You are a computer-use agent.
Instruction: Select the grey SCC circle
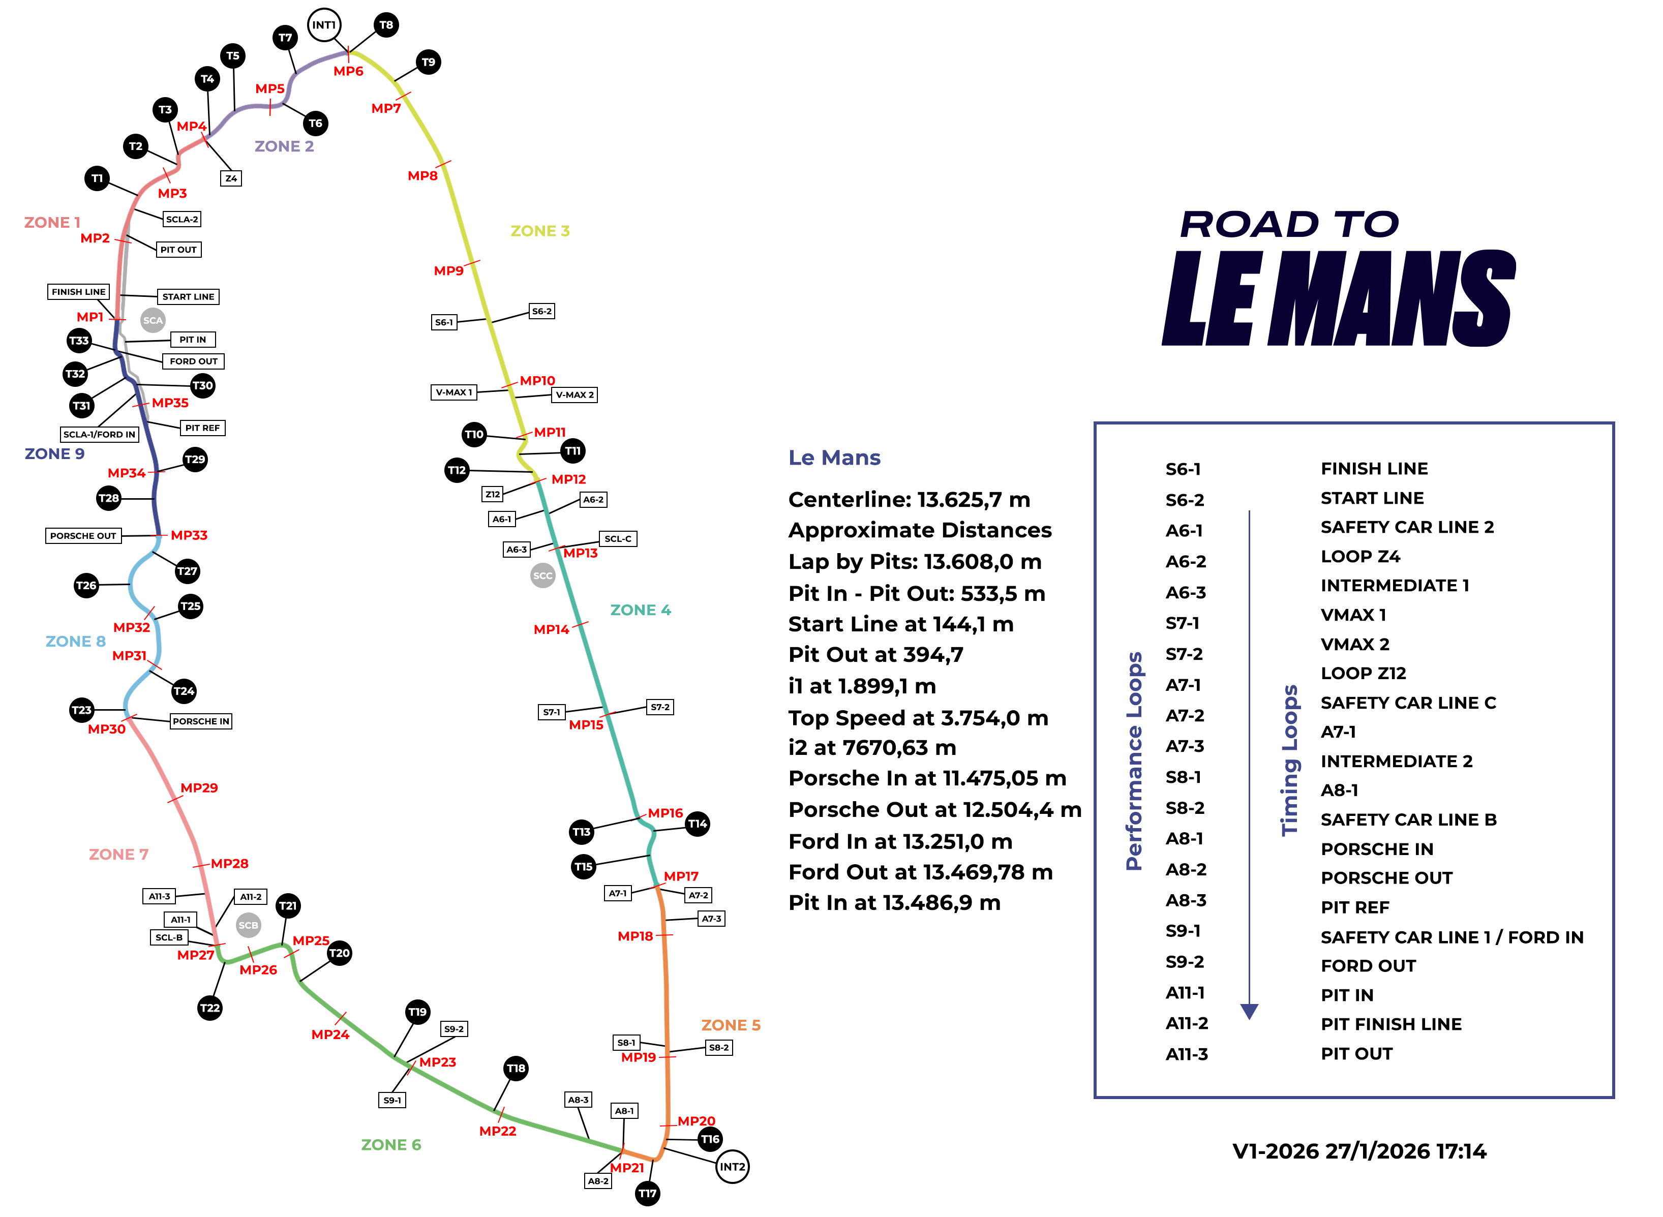click(542, 575)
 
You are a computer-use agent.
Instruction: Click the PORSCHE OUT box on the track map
click(83, 536)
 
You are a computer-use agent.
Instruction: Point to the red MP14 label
click(551, 629)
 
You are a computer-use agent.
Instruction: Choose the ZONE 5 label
click(730, 1025)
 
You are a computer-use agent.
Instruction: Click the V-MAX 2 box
click(575, 395)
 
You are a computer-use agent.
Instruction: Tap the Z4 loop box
click(231, 178)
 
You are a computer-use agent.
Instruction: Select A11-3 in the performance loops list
click(1186, 1054)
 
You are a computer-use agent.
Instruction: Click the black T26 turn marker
click(86, 586)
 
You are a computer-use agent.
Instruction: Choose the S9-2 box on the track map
click(454, 1029)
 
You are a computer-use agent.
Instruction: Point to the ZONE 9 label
click(54, 454)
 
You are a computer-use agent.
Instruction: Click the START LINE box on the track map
click(188, 297)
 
